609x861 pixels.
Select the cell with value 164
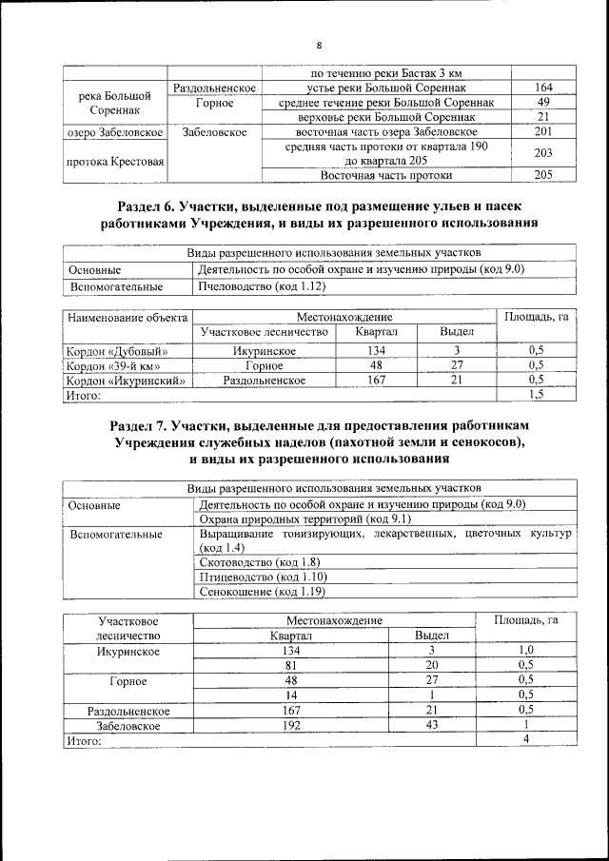pyautogui.click(x=543, y=88)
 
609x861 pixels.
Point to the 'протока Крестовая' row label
pyautogui.click(x=115, y=161)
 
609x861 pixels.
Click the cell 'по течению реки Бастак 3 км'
pyautogui.click(x=387, y=73)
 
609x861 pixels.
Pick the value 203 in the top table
pyautogui.click(x=543, y=152)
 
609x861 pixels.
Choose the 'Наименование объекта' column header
pyautogui.click(x=127, y=316)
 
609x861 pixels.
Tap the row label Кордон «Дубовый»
pyautogui.click(x=112, y=351)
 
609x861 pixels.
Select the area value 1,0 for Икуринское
pyautogui.click(x=525, y=651)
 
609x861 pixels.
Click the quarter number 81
pyautogui.click(x=292, y=665)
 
